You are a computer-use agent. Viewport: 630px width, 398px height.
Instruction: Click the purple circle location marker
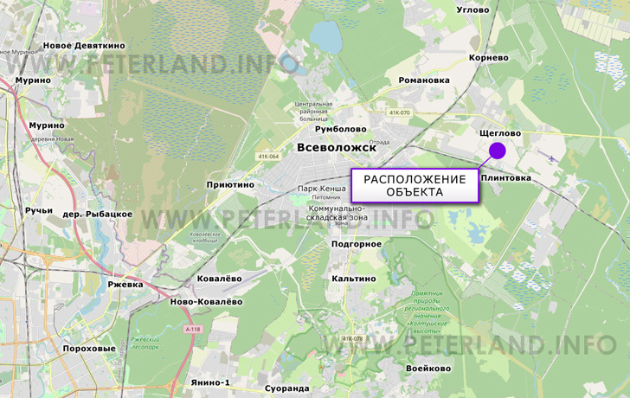click(498, 151)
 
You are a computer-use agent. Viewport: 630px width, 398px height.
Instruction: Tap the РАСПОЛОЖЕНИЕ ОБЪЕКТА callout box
click(414, 185)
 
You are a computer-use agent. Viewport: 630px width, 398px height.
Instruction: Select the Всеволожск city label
click(337, 148)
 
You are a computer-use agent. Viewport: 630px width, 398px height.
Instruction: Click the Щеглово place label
click(499, 133)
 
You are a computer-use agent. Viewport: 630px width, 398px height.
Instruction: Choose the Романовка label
click(424, 80)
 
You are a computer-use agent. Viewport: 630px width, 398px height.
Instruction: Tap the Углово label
click(473, 10)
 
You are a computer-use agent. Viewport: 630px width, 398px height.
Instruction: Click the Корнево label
click(488, 58)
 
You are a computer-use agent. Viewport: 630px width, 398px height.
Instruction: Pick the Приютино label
click(230, 184)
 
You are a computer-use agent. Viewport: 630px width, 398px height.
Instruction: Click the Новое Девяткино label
click(84, 45)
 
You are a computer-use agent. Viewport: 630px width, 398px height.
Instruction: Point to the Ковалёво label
click(219, 278)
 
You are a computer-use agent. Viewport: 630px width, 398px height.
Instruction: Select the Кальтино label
click(354, 279)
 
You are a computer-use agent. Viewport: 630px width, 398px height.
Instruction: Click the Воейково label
click(428, 369)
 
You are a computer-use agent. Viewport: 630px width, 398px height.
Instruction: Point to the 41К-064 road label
click(268, 157)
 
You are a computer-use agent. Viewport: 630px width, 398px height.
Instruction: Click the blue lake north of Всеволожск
click(327, 37)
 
